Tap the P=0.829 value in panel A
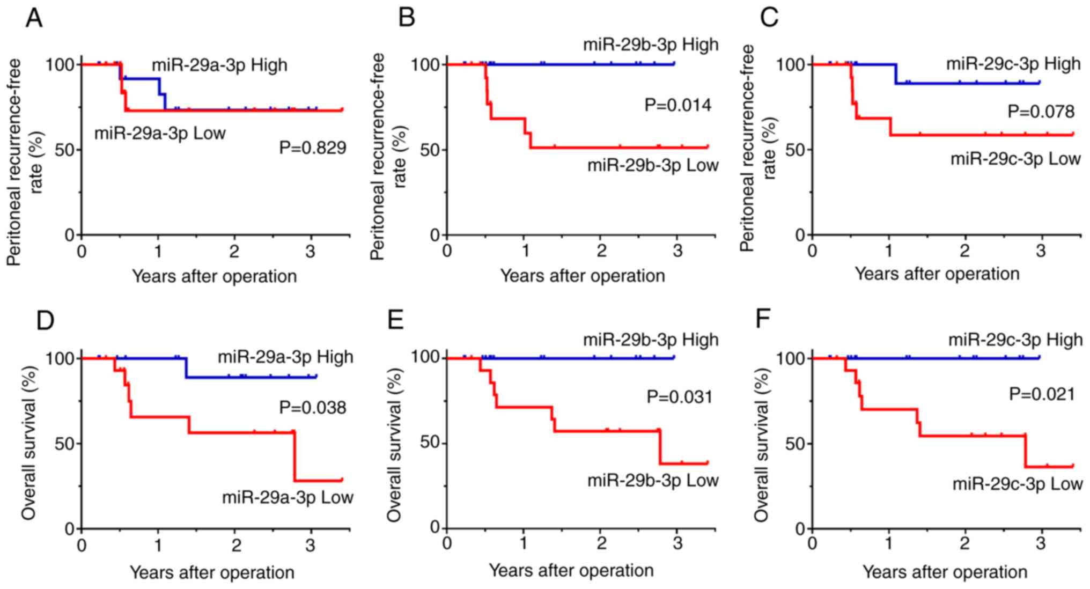coord(312,148)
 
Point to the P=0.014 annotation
coord(678,105)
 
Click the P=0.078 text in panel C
coord(1041,112)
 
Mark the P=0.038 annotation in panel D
coord(312,408)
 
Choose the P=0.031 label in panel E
coord(679,397)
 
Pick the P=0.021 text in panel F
coord(1042,395)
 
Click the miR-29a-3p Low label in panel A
coord(160,133)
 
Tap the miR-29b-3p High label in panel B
coord(651,45)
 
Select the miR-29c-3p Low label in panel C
coord(1015,159)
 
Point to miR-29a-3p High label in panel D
coord(285,357)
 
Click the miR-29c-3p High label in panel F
coord(1015,340)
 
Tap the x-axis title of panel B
coord(582,276)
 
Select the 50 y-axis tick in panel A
coord(64,150)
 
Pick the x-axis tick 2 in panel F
coord(964,544)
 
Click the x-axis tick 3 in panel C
coord(1041,251)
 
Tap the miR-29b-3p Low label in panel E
coord(652,480)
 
